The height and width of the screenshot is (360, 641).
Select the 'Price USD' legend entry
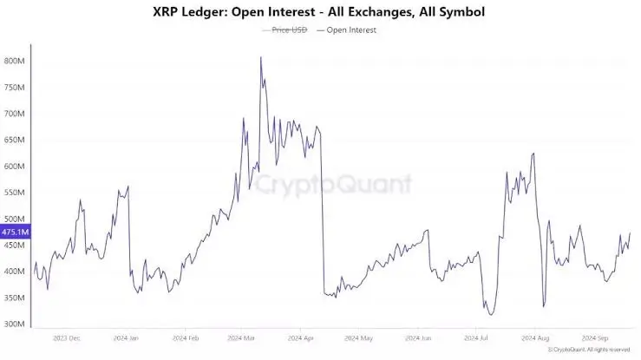click(x=288, y=29)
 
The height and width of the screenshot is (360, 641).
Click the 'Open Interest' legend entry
click(x=352, y=29)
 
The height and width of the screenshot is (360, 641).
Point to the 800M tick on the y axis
click(x=13, y=62)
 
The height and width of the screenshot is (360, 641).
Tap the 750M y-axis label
click(x=13, y=88)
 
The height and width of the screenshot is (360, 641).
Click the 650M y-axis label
click(x=13, y=141)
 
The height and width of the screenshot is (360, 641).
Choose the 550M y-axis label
click(x=13, y=193)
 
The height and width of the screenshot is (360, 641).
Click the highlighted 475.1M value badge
click(x=15, y=232)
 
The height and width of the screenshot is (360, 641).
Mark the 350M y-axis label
click(x=13, y=298)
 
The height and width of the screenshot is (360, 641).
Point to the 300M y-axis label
click(x=13, y=324)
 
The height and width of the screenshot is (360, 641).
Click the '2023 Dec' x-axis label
click(x=68, y=337)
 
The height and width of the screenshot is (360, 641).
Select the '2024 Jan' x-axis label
click(x=127, y=337)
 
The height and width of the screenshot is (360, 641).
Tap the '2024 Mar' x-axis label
click(x=241, y=337)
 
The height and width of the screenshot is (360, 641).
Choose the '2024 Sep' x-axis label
click(x=595, y=337)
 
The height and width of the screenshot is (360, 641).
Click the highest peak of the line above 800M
click(x=261, y=58)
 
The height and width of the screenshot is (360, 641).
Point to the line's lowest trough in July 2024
click(x=491, y=315)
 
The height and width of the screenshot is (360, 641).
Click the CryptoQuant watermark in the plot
click(x=331, y=183)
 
